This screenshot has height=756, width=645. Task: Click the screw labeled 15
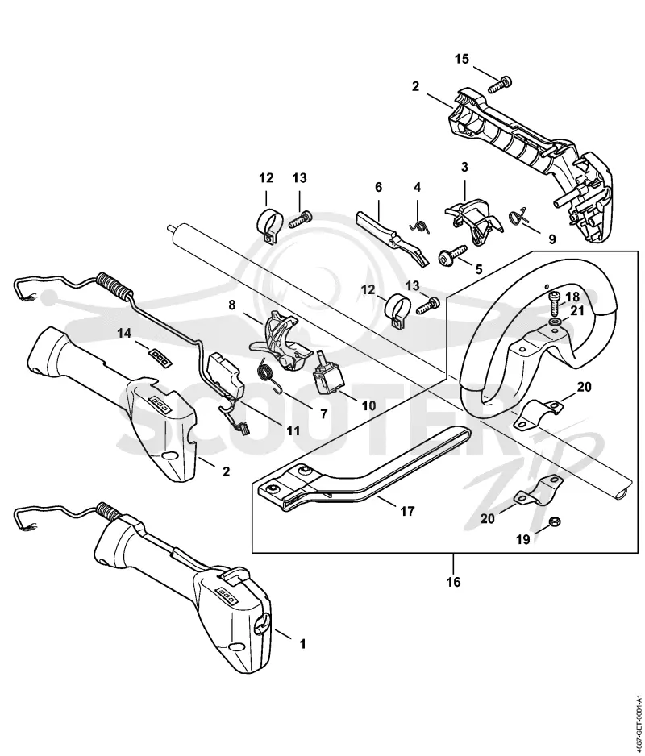click(499, 84)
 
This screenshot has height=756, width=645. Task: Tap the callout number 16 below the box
click(453, 582)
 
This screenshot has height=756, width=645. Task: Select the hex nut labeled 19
click(555, 521)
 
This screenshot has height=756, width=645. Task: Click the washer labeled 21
click(556, 322)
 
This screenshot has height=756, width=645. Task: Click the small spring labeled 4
click(420, 225)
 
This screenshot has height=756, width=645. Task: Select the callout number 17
click(407, 511)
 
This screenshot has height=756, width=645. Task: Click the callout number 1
click(303, 643)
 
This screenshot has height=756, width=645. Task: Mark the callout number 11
click(292, 430)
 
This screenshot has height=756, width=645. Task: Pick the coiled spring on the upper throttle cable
click(114, 285)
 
